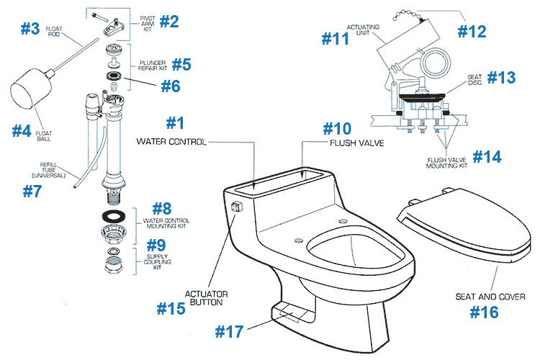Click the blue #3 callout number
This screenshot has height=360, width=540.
point(30,30)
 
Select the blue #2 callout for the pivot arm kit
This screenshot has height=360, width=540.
point(168,21)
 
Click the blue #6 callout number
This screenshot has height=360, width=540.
point(171,86)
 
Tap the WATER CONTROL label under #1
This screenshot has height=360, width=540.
point(171,143)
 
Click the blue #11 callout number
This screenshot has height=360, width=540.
point(336,38)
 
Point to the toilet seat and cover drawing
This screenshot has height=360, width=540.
point(461,223)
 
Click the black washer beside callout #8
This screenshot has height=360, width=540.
point(114,215)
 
